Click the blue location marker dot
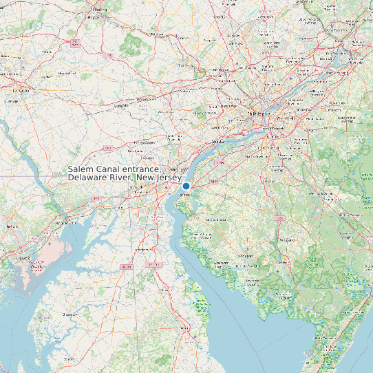[186, 186]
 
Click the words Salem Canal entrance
[114, 170]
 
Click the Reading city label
[100, 10]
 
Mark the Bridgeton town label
[244, 255]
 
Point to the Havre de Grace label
[67, 222]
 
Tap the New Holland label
[67, 73]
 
